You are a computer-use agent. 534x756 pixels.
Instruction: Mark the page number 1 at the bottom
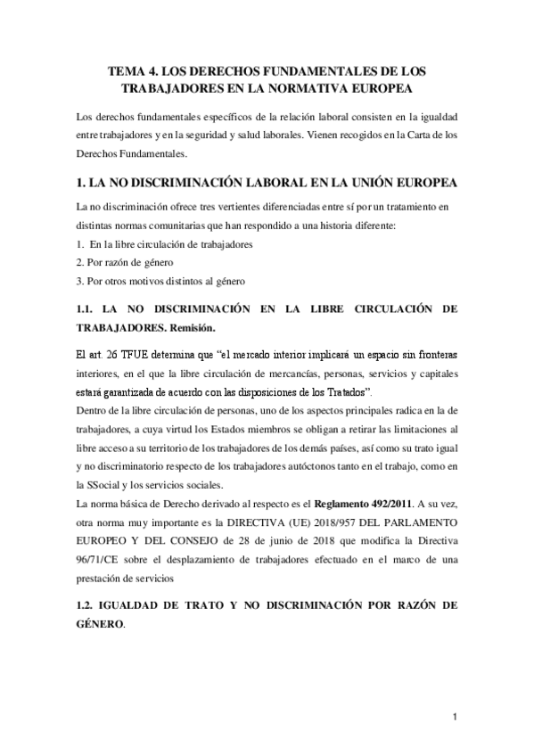click(455, 717)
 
